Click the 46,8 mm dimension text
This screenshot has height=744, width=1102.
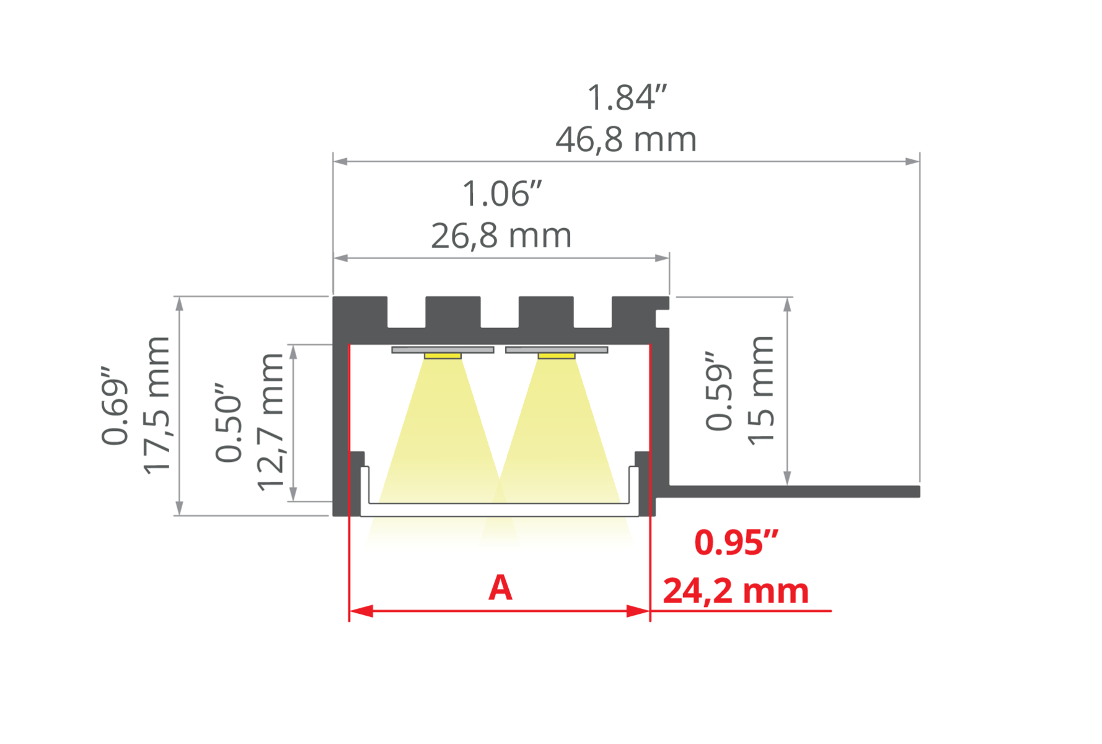[626, 139]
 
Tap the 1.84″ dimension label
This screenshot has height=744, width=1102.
[627, 97]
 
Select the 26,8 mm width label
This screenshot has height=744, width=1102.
[501, 236]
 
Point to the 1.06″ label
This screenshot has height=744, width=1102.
[502, 193]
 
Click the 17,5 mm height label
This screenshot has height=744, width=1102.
[156, 405]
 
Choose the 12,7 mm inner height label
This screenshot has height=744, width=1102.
[270, 422]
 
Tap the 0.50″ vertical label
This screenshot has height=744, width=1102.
[228, 423]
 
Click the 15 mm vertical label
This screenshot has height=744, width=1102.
[761, 390]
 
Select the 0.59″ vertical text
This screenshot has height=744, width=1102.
[719, 391]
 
